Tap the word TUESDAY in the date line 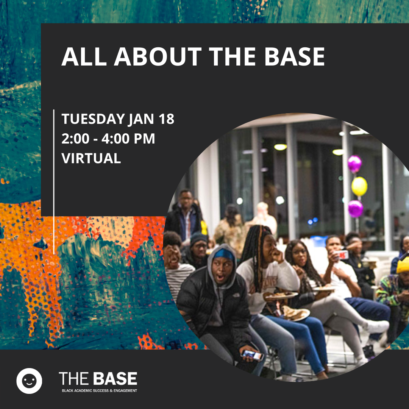(x=93, y=119)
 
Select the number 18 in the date (x=166, y=119)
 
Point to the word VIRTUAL (x=91, y=158)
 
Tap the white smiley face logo (x=29, y=381)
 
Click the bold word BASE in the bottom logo (x=115, y=378)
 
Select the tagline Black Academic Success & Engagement (x=99, y=390)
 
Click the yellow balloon (x=359, y=186)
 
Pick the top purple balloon (x=354, y=164)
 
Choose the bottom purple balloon (x=355, y=208)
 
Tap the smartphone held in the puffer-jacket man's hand (x=252, y=355)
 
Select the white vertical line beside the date (x=54, y=181)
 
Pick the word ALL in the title (x=84, y=56)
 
